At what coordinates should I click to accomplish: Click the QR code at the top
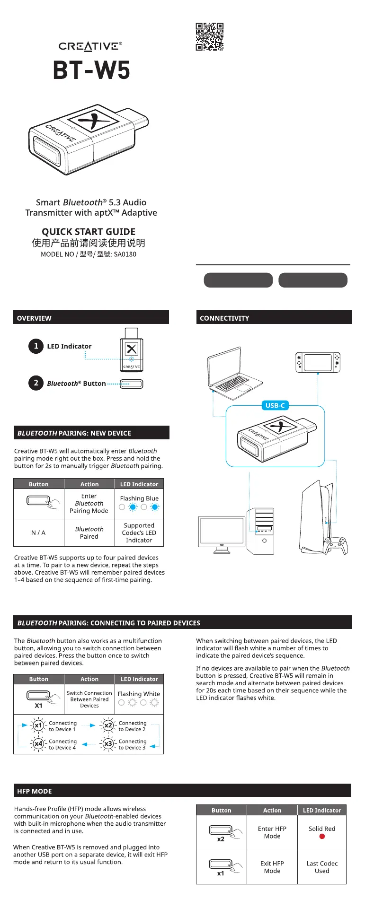click(210, 36)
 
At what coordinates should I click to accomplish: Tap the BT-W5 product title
click(91, 70)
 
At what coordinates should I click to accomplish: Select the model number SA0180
click(125, 254)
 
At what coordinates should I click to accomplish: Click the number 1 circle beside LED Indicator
click(36, 346)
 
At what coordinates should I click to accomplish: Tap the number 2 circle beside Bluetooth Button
click(36, 383)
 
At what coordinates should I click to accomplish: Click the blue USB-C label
click(275, 405)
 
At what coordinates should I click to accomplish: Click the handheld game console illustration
click(318, 362)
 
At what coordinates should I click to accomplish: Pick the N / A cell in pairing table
click(38, 533)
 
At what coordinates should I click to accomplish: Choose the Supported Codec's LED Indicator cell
click(139, 533)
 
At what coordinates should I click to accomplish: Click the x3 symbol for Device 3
click(108, 744)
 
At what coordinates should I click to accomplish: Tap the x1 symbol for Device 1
click(38, 725)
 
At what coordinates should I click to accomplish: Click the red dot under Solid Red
click(322, 836)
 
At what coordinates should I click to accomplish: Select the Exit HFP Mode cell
click(272, 867)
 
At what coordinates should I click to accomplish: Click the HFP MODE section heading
click(35, 791)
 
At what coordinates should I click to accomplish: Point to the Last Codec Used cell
click(322, 867)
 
